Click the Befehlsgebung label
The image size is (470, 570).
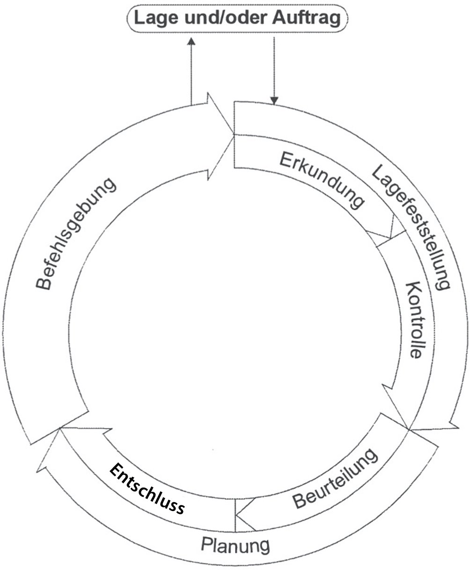(75, 234)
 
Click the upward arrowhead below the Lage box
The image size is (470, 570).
(191, 41)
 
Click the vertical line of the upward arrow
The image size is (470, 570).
(191, 75)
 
